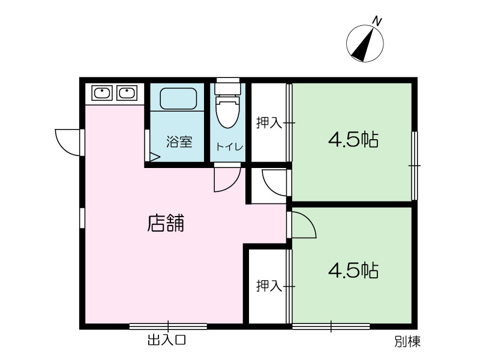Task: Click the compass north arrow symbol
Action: point(365,43)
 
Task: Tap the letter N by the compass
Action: point(377,21)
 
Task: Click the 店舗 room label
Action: point(166,223)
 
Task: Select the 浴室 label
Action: point(179,142)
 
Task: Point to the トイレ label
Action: point(230,146)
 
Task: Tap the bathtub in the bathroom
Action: point(178,98)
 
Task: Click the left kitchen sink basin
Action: point(102,93)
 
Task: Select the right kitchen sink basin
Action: point(127,93)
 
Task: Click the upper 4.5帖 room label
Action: point(353,140)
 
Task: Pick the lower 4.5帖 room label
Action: point(353,271)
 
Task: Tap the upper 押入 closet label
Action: point(269,123)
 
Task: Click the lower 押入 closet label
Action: point(269,286)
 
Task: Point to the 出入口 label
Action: point(167,340)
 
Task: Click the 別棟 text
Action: point(407,341)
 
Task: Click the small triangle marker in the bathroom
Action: point(155,157)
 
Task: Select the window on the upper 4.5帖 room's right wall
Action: point(415,166)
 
